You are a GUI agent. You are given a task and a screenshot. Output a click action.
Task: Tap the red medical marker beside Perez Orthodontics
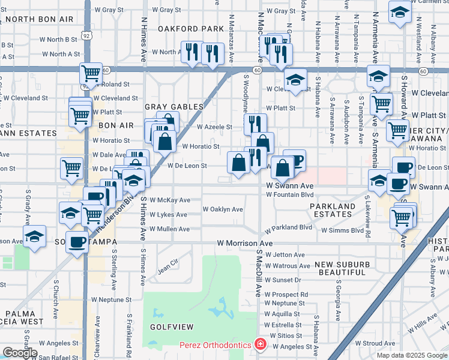pos(259,345)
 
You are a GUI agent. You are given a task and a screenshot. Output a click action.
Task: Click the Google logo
pos(20,353)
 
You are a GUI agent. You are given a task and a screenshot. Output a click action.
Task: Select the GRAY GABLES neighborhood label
pos(174,106)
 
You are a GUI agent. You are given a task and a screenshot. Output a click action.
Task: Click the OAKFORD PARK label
pos(190,28)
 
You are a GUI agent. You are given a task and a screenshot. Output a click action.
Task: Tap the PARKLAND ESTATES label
pos(333,211)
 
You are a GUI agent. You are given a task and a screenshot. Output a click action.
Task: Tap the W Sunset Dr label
pos(283,280)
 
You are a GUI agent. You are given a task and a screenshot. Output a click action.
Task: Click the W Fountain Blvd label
pos(290,194)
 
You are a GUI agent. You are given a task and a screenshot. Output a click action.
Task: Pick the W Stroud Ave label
pos(379,343)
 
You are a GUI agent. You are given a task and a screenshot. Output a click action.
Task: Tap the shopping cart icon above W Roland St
pos(91,73)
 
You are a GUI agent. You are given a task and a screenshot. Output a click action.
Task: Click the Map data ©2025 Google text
pos(412,355)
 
